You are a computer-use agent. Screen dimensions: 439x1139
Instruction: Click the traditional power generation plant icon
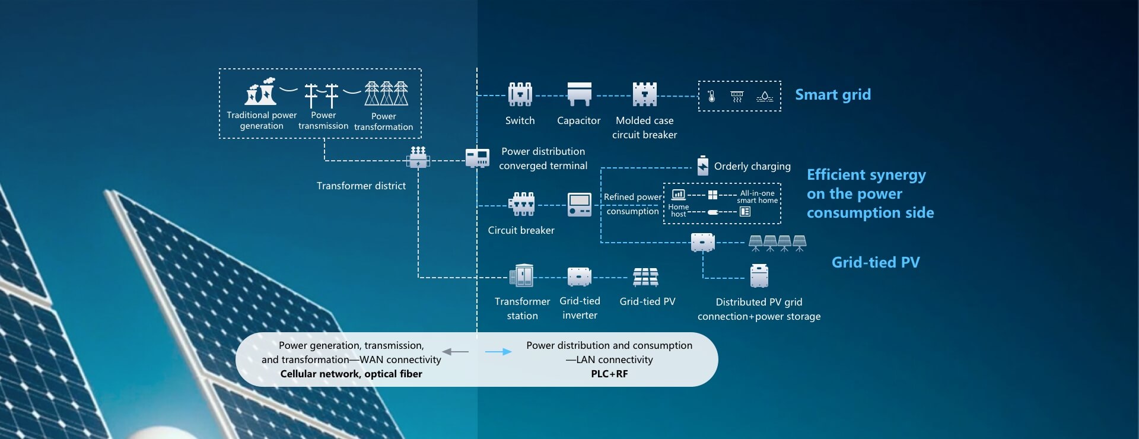(262, 93)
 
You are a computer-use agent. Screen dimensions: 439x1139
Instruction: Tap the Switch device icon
(520, 94)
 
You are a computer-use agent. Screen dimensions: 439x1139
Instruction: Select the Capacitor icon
(579, 94)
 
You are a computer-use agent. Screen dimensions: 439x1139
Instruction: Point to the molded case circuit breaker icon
(644, 94)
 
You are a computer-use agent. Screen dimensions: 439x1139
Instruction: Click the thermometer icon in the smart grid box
(712, 96)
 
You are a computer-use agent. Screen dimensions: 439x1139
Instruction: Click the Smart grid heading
(832, 95)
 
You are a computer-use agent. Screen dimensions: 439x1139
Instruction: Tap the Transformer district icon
(418, 158)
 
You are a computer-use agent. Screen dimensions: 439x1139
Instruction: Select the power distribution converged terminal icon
(477, 158)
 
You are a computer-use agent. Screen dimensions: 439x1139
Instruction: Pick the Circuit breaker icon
(521, 204)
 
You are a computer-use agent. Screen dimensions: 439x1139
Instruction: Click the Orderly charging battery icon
(702, 166)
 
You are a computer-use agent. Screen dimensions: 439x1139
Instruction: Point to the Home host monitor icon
(678, 195)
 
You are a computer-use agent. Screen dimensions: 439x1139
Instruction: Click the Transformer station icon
(521, 276)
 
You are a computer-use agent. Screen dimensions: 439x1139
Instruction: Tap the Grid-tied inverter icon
(579, 276)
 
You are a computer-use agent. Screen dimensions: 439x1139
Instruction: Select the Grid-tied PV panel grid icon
(645, 276)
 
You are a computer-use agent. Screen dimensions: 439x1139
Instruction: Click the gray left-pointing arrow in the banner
(455, 352)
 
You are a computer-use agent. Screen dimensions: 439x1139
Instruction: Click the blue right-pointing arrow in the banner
(498, 352)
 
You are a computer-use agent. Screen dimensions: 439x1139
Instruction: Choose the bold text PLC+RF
(609, 374)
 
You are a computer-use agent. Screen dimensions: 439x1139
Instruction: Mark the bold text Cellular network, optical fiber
(351, 374)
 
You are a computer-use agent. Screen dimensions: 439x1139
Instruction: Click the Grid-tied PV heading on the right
(875, 262)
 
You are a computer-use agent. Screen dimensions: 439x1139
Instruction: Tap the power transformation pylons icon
(386, 93)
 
